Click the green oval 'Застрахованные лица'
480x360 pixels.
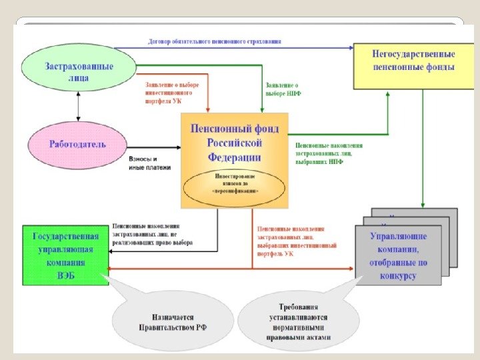(x=79, y=71)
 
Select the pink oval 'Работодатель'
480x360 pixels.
(x=77, y=145)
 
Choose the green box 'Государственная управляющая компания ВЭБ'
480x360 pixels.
(x=65, y=255)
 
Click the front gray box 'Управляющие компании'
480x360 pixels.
(x=399, y=255)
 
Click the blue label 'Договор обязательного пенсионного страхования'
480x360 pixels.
(x=215, y=41)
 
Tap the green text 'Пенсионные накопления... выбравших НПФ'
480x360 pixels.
(x=329, y=153)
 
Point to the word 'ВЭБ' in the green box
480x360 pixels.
(x=65, y=275)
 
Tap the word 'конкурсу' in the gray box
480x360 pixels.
(x=399, y=275)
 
